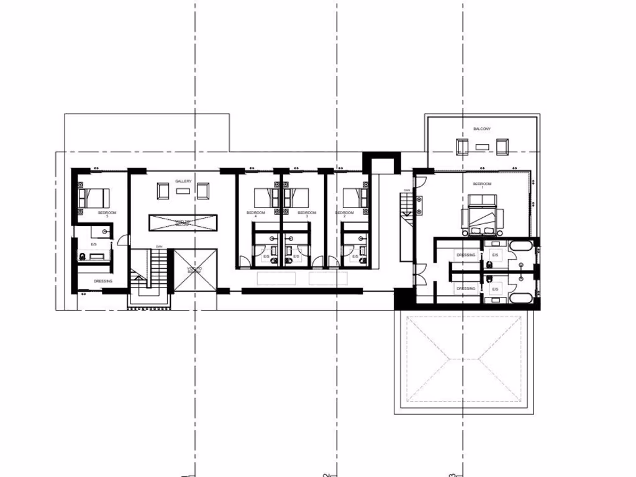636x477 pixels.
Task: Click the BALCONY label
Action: [x=482, y=129]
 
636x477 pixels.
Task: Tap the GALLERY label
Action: [x=183, y=181]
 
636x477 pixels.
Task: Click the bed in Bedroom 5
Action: [x=94, y=198]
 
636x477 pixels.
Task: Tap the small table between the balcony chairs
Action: [x=482, y=147]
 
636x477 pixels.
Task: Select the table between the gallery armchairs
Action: [x=183, y=191]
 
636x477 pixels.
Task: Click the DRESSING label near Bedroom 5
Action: [x=102, y=281]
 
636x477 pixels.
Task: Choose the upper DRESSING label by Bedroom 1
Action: [x=466, y=255]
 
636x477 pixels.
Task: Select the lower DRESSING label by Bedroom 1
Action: [x=466, y=288]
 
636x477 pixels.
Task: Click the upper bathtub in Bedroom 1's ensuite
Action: [x=521, y=247]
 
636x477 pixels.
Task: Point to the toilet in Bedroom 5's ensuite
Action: [x=83, y=255]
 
